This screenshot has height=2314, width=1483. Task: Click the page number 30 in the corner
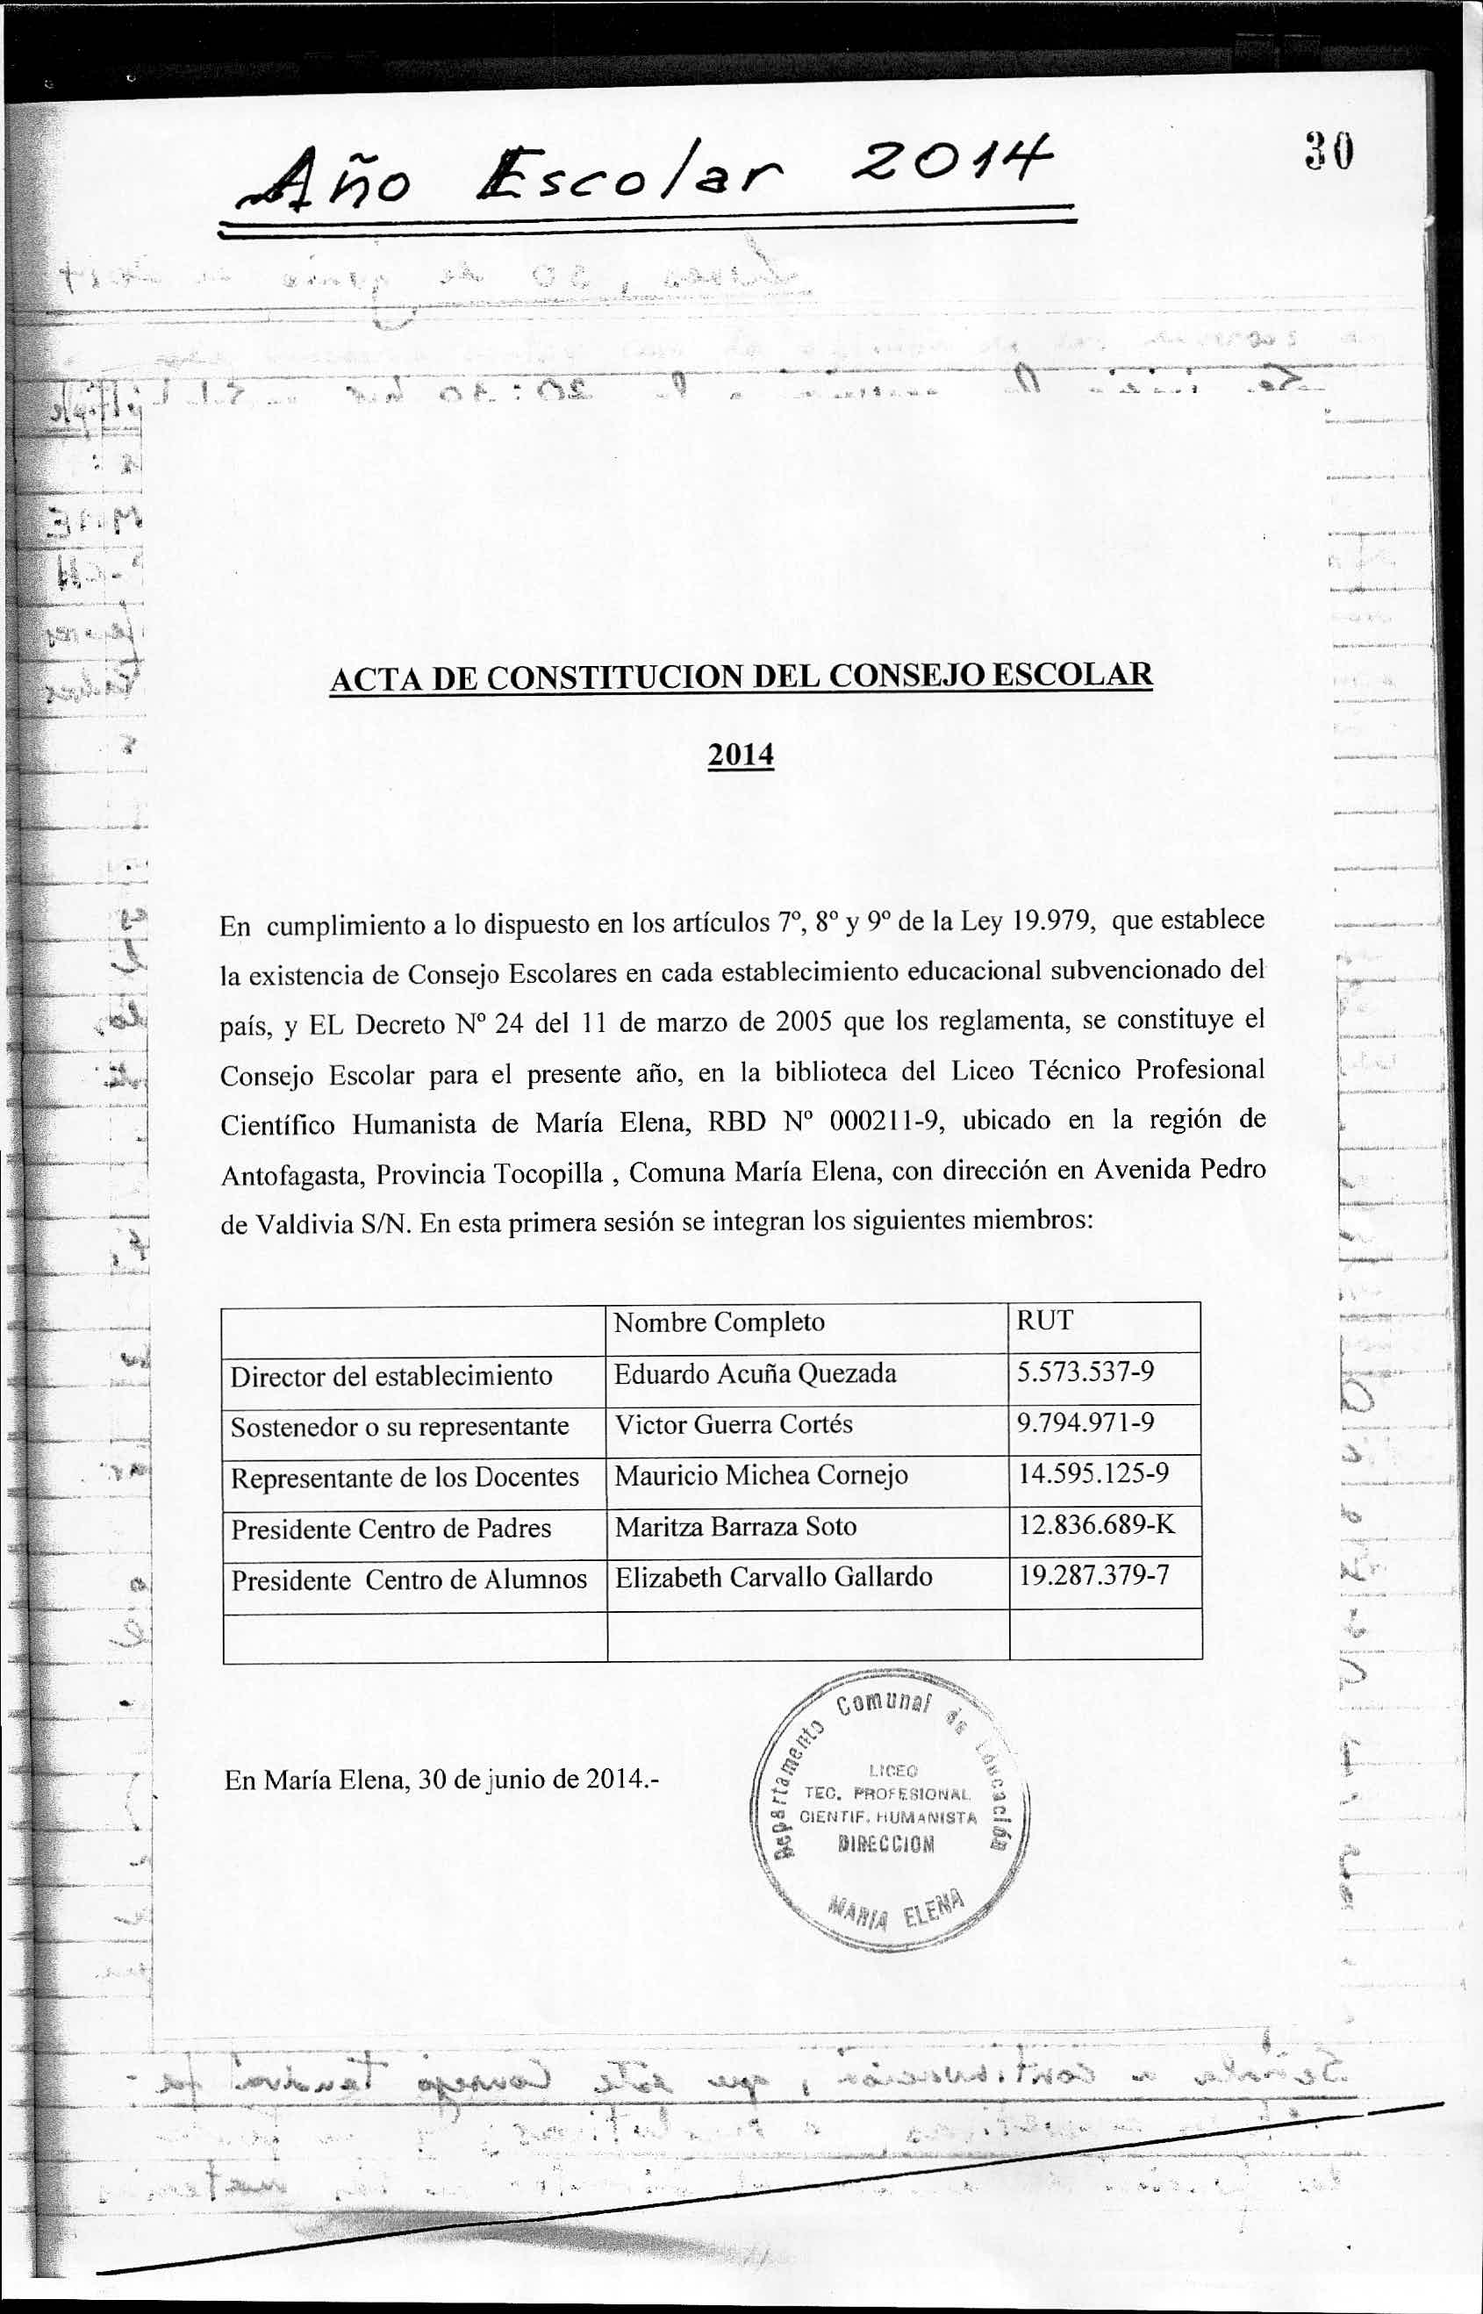(1330, 151)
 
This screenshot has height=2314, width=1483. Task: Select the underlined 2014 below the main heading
(741, 754)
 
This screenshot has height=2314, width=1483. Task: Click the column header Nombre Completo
(719, 1322)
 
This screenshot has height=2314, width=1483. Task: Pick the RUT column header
(1044, 1321)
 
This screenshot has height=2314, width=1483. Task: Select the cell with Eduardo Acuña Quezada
(755, 1373)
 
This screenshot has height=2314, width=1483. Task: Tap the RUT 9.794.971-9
(1085, 1422)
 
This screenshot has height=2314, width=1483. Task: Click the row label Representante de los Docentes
(405, 1477)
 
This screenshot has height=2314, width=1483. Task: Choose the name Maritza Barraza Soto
(735, 1526)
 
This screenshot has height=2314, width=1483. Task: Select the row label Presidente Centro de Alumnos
(408, 1580)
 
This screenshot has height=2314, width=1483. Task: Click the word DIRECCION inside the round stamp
(886, 1844)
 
